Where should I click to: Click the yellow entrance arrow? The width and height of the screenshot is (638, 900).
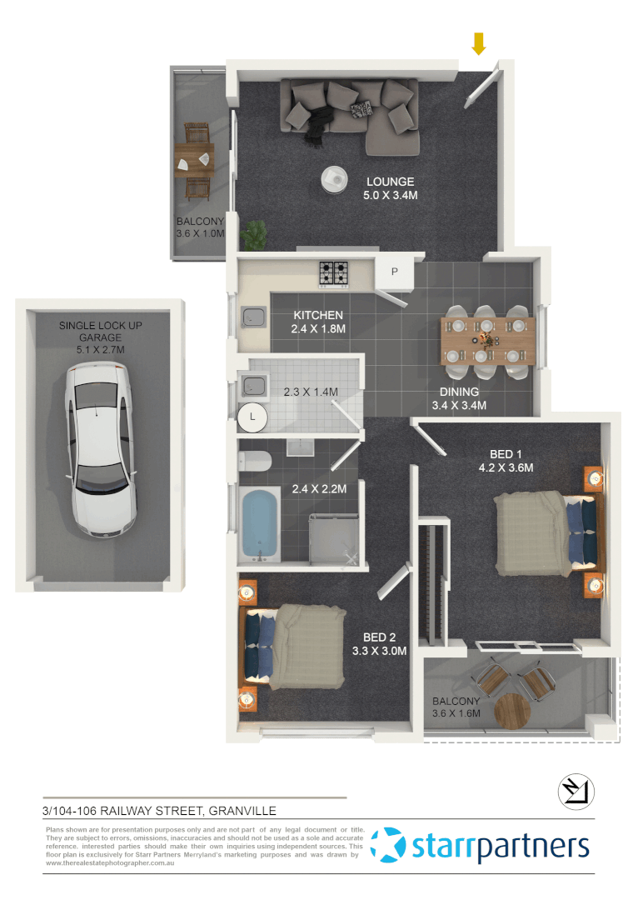[x=478, y=43]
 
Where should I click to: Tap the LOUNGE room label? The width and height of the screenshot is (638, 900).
[x=390, y=182]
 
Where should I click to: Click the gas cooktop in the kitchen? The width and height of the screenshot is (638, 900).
[x=335, y=272]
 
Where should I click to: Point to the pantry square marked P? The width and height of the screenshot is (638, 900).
[x=395, y=272]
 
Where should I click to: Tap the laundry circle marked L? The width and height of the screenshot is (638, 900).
[x=252, y=417]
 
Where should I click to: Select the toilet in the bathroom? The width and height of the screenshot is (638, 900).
[x=257, y=461]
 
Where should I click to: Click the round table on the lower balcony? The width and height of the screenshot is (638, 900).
[x=513, y=710]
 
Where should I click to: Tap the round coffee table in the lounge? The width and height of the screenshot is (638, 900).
[x=335, y=177]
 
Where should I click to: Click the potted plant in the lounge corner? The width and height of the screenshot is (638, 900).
[x=256, y=233]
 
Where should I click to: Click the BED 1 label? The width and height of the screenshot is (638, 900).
[x=506, y=454]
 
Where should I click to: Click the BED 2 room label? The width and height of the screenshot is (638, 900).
[x=379, y=637]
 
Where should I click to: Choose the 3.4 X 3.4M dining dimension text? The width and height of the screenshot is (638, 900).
[x=459, y=405]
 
